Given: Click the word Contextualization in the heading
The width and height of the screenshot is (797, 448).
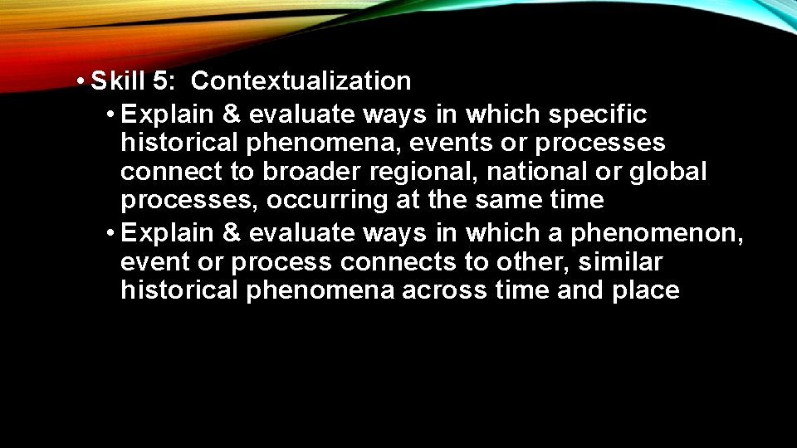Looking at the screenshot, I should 301,81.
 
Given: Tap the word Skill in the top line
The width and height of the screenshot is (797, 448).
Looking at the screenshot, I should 118,81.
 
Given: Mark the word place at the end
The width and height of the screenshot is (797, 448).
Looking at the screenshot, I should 643,291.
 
